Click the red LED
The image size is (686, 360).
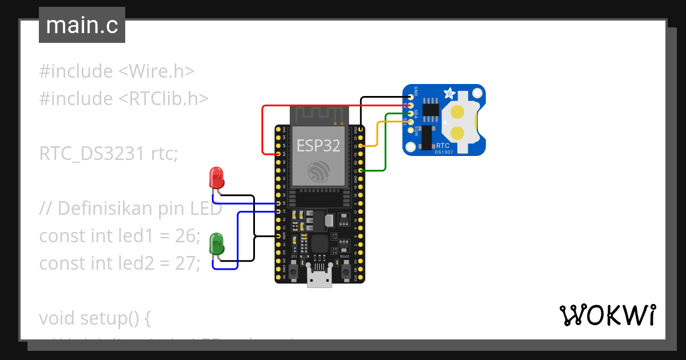217,178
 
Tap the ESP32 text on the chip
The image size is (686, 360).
318,146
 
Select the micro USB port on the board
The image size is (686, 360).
320,279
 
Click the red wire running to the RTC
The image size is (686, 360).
263,131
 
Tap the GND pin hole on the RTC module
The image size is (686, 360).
410,97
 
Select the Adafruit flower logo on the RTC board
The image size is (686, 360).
449,93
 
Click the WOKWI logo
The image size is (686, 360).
607,315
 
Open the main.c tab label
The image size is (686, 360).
82,25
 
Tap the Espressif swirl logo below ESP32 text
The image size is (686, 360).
318,171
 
